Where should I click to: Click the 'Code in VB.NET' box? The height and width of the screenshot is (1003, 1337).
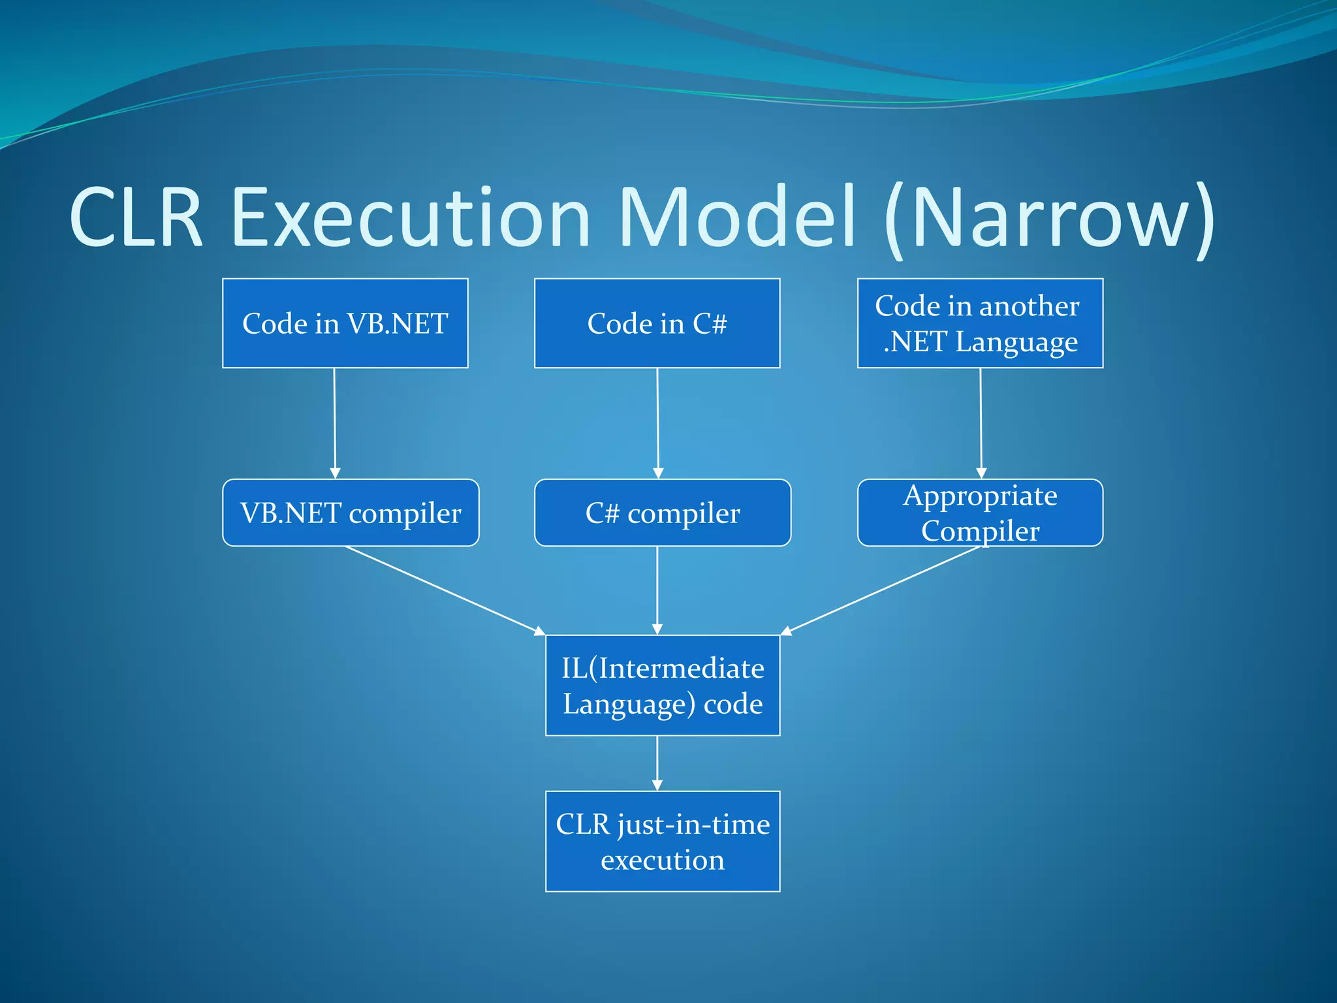345,323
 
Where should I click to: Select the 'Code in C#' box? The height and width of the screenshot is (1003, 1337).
657,323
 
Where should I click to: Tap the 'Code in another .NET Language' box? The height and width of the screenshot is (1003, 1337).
979,323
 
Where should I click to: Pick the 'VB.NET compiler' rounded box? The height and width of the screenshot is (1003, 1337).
351,513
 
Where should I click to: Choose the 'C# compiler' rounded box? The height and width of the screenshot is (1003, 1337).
662,513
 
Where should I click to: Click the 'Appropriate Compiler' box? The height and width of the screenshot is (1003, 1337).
979,513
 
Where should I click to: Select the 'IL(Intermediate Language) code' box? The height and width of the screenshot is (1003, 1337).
662,685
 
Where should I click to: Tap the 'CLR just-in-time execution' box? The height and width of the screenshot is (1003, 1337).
662,841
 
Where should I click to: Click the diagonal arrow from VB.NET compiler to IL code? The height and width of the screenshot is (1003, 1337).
444,590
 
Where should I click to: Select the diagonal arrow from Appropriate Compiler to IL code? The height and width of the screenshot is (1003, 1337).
881,590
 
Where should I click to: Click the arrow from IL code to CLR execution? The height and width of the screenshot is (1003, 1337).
657,763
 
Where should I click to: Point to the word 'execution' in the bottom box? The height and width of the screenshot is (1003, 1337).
662,860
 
